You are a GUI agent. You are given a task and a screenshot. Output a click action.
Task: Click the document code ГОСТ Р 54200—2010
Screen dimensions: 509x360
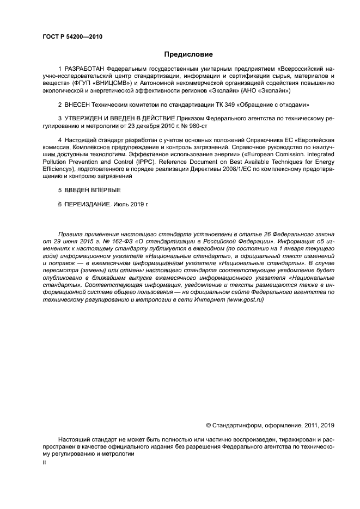(72, 37)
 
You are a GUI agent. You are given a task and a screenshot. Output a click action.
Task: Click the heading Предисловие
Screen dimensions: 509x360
(188, 54)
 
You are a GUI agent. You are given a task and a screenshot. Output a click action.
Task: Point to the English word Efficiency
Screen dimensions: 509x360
(56, 169)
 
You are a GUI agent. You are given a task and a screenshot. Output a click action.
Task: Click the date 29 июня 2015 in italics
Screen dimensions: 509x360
(70, 240)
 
